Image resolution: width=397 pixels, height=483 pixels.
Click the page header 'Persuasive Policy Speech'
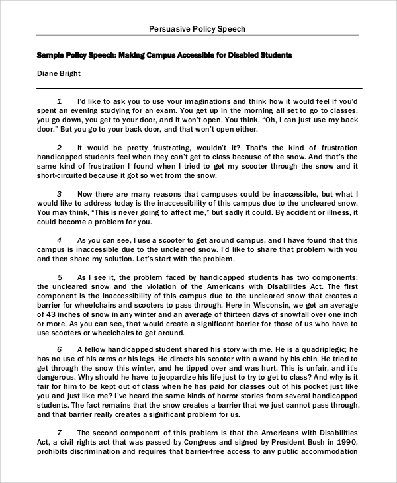(198, 29)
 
